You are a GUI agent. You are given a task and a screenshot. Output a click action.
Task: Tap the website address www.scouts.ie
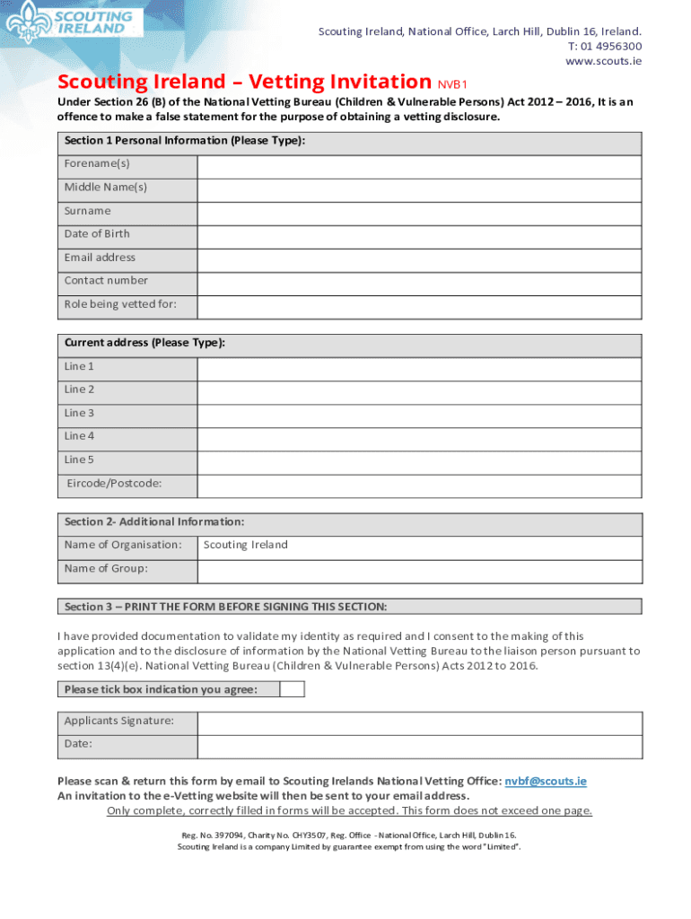603,61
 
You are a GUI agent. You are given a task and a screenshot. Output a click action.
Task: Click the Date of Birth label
97,234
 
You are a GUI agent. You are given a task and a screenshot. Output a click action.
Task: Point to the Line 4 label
79,436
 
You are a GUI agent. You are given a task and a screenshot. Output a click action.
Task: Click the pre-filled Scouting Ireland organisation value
246,545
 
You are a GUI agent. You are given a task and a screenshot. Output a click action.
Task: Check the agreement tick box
292,689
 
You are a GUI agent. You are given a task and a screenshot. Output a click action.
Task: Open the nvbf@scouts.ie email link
546,782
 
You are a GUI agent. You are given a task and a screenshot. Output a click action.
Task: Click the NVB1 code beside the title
453,85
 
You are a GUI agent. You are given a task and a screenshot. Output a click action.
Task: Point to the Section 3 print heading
225,607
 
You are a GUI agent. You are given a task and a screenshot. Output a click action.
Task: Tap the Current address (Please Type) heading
144,344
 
